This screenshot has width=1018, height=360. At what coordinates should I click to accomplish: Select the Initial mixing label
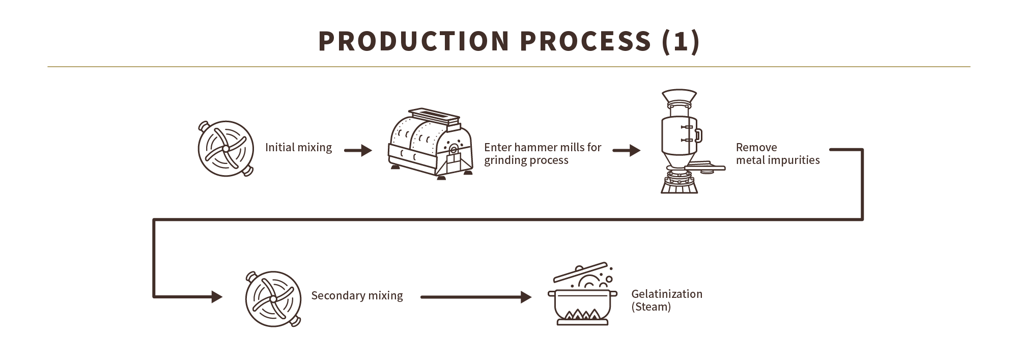tap(298, 148)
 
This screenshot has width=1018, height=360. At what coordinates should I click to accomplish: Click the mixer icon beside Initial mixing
tap(225, 148)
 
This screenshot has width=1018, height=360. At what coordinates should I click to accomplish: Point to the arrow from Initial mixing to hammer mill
tap(358, 151)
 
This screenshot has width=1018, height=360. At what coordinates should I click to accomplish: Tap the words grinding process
tap(526, 160)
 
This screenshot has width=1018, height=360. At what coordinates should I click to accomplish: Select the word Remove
tap(756, 148)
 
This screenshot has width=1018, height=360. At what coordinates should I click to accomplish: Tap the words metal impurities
tap(777, 160)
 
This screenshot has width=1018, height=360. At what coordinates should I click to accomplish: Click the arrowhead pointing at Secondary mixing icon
tap(216, 296)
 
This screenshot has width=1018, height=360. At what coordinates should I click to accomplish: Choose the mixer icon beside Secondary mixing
tap(273, 297)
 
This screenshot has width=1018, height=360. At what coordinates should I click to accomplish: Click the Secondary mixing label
tap(357, 296)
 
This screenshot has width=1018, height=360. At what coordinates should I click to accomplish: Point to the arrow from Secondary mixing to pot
tap(476, 297)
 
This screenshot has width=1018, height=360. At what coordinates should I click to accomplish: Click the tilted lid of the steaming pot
tap(580, 272)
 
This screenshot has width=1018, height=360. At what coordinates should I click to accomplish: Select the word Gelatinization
tap(666, 294)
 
